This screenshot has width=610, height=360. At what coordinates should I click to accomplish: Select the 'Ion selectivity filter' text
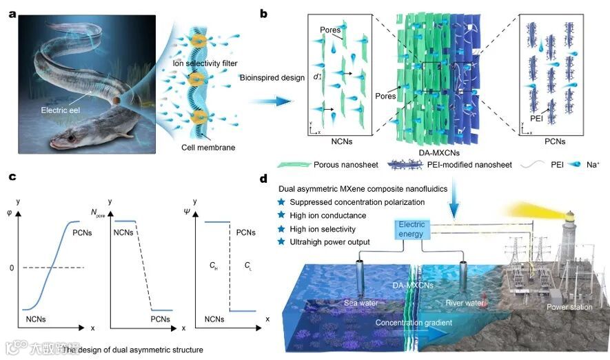(x=203, y=63)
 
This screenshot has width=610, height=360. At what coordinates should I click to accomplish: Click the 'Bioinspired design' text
(x=271, y=77)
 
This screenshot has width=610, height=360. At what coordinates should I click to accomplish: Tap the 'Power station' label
(x=569, y=307)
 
